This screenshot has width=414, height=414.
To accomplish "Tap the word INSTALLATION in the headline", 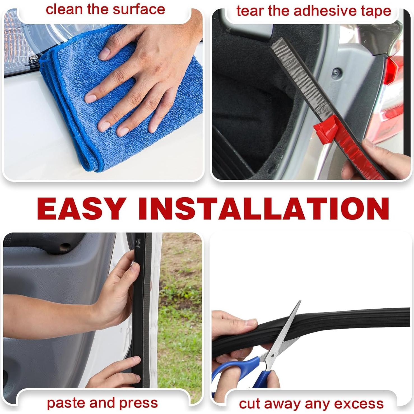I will (x=263, y=209).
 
